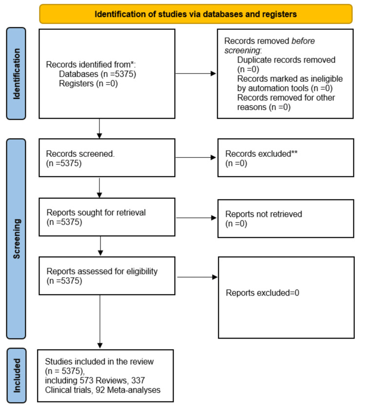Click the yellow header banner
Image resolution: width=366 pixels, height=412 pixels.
pyautogui.click(x=196, y=14)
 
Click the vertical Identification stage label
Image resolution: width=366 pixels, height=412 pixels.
pyautogui.click(x=16, y=74)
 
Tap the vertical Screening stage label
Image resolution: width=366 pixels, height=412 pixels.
pyautogui.click(x=16, y=239)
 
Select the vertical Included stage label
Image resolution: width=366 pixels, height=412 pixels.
pyautogui.click(x=16, y=375)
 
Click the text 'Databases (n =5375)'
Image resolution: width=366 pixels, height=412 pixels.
pyautogui.click(x=98, y=74)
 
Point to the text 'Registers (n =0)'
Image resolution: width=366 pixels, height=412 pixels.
pyautogui.click(x=88, y=84)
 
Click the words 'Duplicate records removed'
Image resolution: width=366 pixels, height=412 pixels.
pyautogui.click(x=286, y=60)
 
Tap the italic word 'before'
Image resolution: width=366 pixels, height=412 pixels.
pyautogui.click(x=303, y=41)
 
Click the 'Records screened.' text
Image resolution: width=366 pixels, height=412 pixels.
pyautogui.click(x=81, y=154)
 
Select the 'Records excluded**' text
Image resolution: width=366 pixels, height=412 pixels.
pyautogui.click(x=262, y=154)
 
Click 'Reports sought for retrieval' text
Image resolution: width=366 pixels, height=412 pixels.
pyautogui.click(x=96, y=212)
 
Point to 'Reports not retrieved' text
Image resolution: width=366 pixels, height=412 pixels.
pyautogui.click(x=264, y=214)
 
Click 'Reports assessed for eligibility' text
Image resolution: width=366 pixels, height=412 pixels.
pyautogui.click(x=102, y=271)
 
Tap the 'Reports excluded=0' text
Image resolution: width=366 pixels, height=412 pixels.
pyautogui.click(x=263, y=293)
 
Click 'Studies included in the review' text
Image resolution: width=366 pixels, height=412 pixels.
pyautogui.click(x=99, y=361)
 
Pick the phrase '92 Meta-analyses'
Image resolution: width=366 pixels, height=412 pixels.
pyautogui.click(x=128, y=390)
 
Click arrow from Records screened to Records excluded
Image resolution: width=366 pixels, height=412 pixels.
pyautogui.click(x=196, y=157)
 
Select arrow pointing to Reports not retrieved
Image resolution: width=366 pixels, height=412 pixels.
pyautogui.click(x=196, y=218)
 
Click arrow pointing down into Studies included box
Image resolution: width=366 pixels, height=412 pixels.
pyautogui.click(x=100, y=321)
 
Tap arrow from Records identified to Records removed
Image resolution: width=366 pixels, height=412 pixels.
pyautogui.click(x=196, y=74)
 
